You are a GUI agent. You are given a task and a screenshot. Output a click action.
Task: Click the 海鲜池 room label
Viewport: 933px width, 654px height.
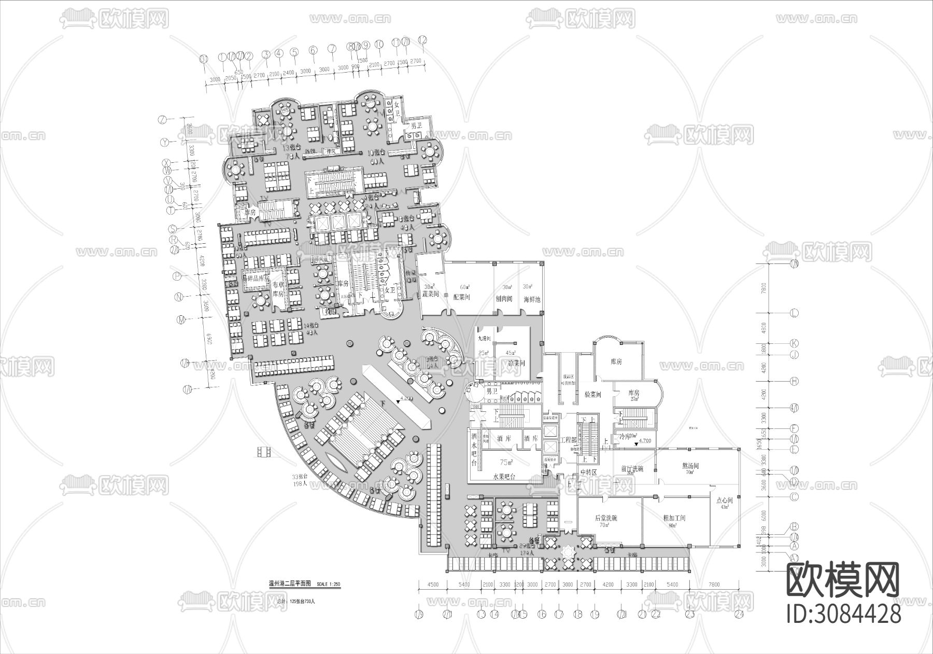[531, 300]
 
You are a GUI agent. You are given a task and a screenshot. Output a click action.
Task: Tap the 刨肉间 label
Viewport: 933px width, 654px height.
[503, 299]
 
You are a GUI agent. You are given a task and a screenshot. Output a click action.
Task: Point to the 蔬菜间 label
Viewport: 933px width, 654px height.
[430, 294]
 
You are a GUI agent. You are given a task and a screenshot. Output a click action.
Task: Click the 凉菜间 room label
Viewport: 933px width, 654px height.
[517, 364]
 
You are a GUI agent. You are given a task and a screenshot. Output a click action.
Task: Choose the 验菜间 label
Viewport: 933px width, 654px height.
[592, 395]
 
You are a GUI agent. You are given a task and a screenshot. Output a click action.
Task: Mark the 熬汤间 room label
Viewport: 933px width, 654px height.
[690, 466]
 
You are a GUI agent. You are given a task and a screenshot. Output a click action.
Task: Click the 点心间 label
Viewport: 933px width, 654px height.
[724, 501]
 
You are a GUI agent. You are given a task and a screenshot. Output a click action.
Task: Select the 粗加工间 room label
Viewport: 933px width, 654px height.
[674, 518]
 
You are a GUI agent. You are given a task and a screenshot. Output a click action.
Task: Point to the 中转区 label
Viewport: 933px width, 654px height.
[589, 472]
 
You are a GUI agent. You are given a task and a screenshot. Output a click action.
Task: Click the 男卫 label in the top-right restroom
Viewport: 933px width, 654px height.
[417, 126]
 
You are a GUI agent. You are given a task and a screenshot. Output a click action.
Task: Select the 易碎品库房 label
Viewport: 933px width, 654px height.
[257, 279]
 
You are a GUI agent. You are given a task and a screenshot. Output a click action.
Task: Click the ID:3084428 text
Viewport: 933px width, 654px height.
[843, 614]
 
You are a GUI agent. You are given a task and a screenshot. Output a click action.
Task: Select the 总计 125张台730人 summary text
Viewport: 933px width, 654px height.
[296, 602]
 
